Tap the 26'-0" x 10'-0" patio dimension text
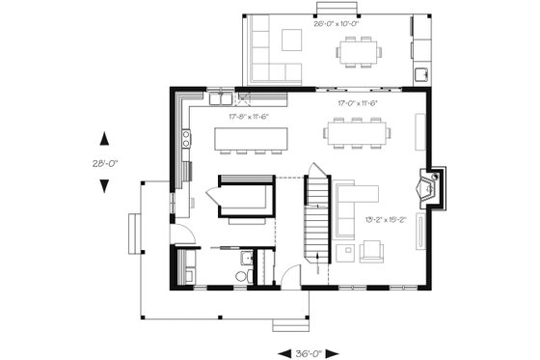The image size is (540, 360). pos(335,24)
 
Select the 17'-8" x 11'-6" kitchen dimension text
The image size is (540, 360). pos(248,117)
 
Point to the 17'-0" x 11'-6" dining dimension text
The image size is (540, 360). pos(356,102)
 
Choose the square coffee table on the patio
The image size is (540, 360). pos(292,41)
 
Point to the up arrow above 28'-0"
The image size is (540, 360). pos(103,137)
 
